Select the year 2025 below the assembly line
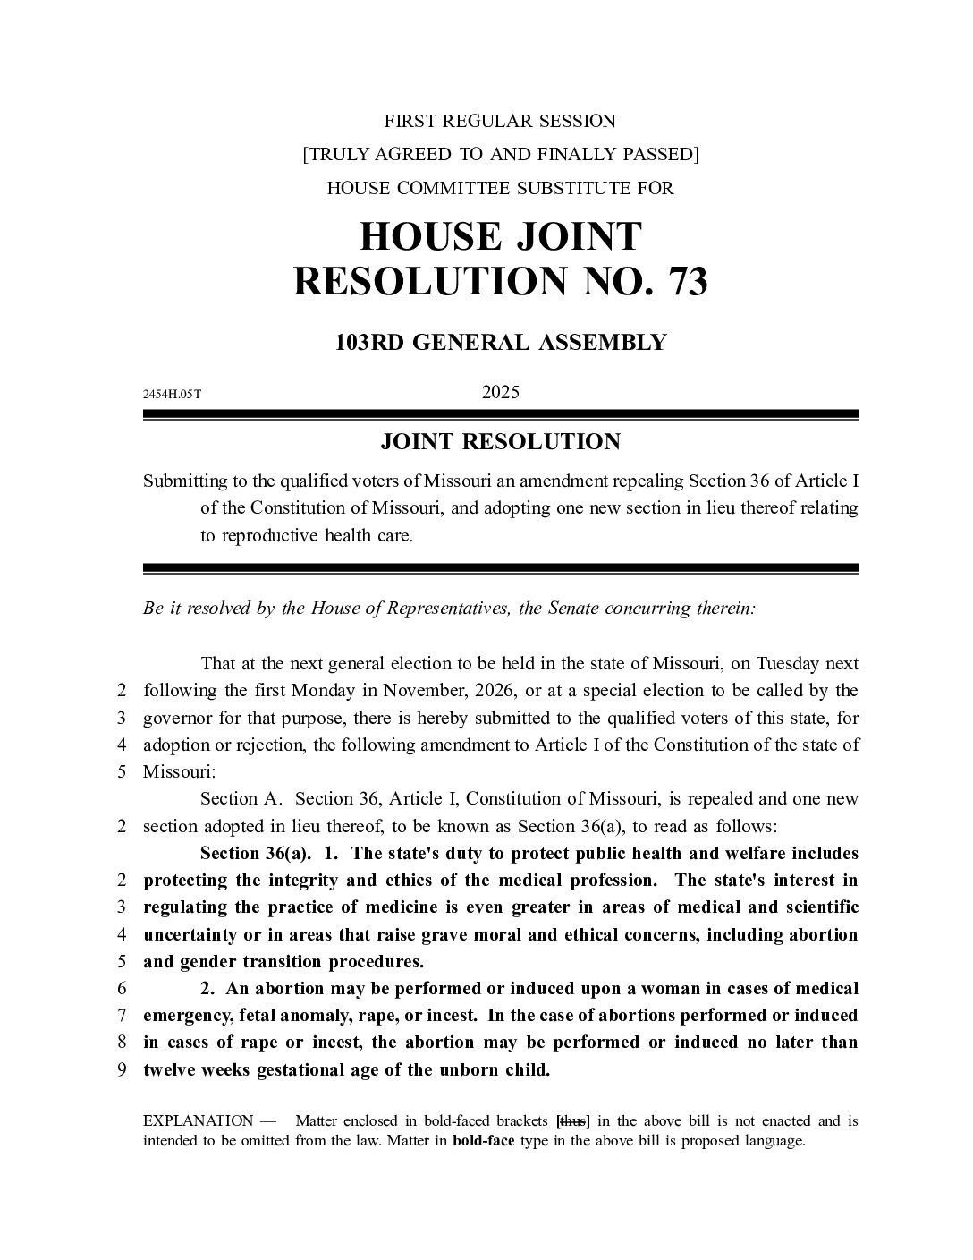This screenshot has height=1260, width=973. (x=500, y=392)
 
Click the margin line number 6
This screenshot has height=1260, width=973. (x=122, y=989)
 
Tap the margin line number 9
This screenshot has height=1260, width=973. (x=122, y=1070)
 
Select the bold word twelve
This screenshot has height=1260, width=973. (x=170, y=1070)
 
